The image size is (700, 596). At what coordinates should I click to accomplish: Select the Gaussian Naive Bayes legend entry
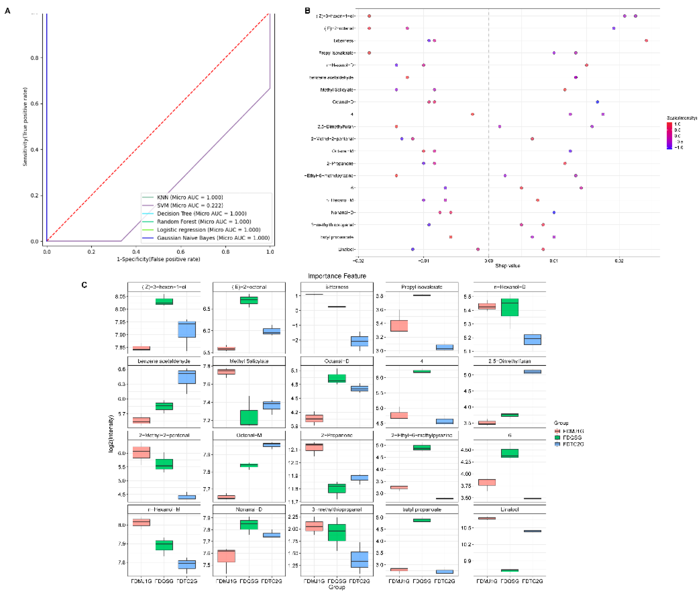(x=213, y=238)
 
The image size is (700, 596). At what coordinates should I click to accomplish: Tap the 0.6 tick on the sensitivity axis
(x=34, y=104)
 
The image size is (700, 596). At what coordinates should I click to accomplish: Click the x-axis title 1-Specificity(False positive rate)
(x=158, y=259)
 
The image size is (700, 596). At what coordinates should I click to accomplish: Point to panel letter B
(x=307, y=11)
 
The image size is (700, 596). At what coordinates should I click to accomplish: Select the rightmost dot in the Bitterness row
(x=646, y=41)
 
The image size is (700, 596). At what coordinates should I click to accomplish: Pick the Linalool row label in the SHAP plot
(x=346, y=249)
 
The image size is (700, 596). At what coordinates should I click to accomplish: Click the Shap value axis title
(x=507, y=266)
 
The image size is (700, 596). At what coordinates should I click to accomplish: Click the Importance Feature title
(x=337, y=276)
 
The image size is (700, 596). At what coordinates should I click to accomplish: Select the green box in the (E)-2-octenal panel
(x=249, y=300)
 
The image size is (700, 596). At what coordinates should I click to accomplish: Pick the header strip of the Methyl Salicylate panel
(x=249, y=361)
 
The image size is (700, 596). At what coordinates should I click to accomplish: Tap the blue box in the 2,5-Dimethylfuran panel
(x=532, y=372)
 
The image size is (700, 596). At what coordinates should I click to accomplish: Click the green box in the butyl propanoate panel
(x=422, y=520)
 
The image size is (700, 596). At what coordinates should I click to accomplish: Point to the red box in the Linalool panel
(x=487, y=518)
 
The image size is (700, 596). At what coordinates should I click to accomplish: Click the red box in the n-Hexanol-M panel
(x=141, y=522)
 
